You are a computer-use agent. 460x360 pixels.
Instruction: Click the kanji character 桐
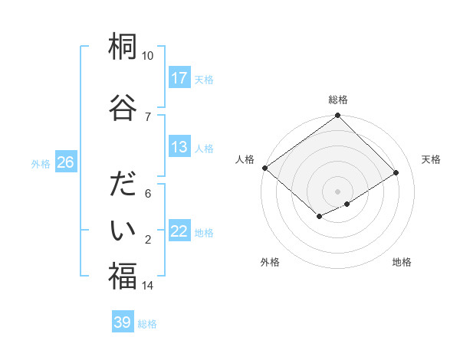pyautogui.click(x=123, y=47)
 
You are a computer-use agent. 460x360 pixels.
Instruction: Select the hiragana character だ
pyautogui.click(x=123, y=186)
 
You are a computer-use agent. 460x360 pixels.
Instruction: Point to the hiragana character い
pyautogui.click(x=123, y=230)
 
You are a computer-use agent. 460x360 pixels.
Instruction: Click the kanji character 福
pyautogui.click(x=123, y=276)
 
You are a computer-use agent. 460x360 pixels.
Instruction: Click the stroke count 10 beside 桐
pyautogui.click(x=148, y=56)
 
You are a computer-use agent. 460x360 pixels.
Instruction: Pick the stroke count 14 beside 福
pyautogui.click(x=148, y=286)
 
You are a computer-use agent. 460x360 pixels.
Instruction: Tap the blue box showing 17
pyautogui.click(x=179, y=78)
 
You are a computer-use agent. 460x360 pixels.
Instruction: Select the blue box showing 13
pyautogui.click(x=179, y=148)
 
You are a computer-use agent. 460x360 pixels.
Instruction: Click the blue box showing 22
pyautogui.click(x=179, y=232)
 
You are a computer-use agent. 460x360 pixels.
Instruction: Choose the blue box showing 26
pyautogui.click(x=65, y=162)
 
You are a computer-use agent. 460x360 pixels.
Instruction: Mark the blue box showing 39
pyautogui.click(x=123, y=322)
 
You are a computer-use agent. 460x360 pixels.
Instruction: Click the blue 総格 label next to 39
pyautogui.click(x=147, y=324)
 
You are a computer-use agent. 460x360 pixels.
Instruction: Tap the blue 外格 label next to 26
pyautogui.click(x=41, y=163)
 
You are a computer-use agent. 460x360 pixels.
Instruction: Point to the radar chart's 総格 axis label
pyautogui.click(x=337, y=100)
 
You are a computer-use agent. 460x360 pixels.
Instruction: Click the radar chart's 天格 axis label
pyautogui.click(x=432, y=159)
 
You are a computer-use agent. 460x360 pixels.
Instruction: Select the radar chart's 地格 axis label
pyautogui.click(x=402, y=262)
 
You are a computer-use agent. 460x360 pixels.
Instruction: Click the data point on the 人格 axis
pyautogui.click(x=264, y=168)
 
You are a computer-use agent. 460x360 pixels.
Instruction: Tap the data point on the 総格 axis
pyautogui.click(x=337, y=116)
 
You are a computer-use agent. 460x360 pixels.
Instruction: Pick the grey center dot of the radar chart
pyautogui.click(x=337, y=191)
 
